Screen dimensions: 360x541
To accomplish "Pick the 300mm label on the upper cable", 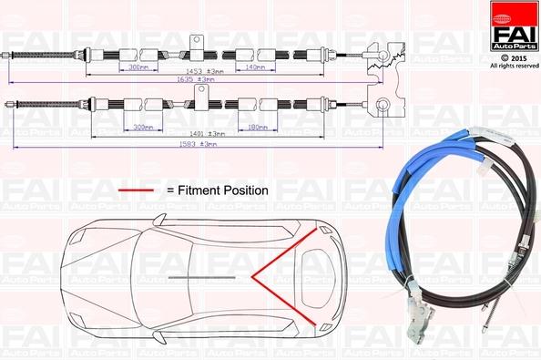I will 138,67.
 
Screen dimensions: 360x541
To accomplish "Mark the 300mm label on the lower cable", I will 143,127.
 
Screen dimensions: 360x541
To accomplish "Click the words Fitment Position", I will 222,190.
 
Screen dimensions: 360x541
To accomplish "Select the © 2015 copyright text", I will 514,57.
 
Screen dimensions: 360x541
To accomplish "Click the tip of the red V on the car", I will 255,273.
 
